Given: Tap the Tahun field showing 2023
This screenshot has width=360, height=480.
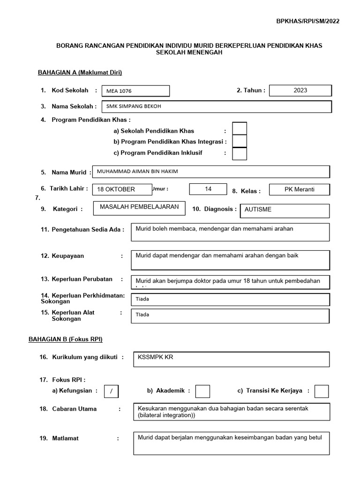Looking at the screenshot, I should pyautogui.click(x=300, y=90).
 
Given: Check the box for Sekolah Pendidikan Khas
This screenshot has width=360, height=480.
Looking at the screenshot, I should pyautogui.click(x=240, y=128).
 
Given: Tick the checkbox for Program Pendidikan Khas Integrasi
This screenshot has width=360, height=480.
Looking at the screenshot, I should pyautogui.click(x=240, y=141).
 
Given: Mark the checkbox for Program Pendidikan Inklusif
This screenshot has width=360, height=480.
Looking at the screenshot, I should pyautogui.click(x=240, y=154).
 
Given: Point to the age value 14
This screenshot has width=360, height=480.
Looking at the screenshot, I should pyautogui.click(x=208, y=189).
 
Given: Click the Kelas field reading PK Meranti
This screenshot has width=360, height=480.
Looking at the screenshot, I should pyautogui.click(x=300, y=189).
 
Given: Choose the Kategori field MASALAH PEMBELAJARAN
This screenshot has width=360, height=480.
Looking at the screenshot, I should pyautogui.click(x=139, y=207).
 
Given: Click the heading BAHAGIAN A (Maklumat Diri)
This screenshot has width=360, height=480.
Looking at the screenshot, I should pyautogui.click(x=80, y=72).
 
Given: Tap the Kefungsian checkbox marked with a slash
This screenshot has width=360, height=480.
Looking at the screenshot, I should pyautogui.click(x=111, y=391).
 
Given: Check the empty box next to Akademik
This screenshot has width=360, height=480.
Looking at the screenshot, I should pyautogui.click(x=202, y=391).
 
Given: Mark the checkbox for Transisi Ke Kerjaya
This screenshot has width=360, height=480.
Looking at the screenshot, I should pyautogui.click(x=322, y=391).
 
